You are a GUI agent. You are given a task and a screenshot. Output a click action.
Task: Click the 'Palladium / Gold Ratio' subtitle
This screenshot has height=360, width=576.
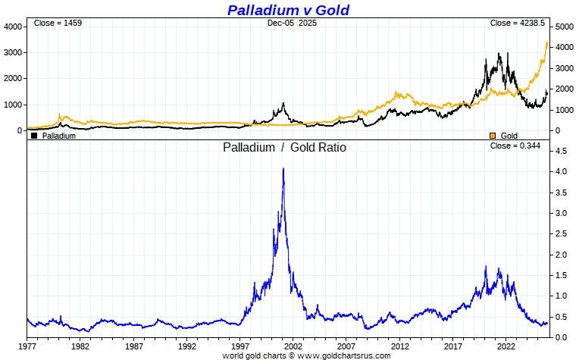coord(284,148)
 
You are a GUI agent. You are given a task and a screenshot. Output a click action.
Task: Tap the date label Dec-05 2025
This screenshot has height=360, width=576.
coord(292,23)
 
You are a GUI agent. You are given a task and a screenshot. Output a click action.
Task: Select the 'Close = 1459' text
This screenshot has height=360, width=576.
coord(58,23)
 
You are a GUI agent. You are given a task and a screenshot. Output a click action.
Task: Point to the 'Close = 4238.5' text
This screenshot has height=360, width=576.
coord(518,23)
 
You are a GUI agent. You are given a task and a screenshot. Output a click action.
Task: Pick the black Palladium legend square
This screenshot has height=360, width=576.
coord(34,136)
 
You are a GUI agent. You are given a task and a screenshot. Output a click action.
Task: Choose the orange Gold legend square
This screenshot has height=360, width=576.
coord(493,136)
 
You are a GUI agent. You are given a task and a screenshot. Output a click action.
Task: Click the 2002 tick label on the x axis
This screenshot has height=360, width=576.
coord(293,346)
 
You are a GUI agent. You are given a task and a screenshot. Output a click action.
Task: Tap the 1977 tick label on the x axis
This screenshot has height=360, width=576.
coord(27,346)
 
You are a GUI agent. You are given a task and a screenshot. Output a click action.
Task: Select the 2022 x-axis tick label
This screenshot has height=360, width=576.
coord(506,346)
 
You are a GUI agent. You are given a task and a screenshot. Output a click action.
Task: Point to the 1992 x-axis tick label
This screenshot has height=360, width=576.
coord(187,346)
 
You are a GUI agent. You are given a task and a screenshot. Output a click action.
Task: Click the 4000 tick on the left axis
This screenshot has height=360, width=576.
coord(14,27)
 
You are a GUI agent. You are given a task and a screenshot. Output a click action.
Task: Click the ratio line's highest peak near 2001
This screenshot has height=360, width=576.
coord(283,169)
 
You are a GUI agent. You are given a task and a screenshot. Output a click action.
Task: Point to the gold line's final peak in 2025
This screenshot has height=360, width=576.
coord(547,42)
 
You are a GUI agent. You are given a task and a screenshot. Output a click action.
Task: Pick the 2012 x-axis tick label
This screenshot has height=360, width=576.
coord(400,346)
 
